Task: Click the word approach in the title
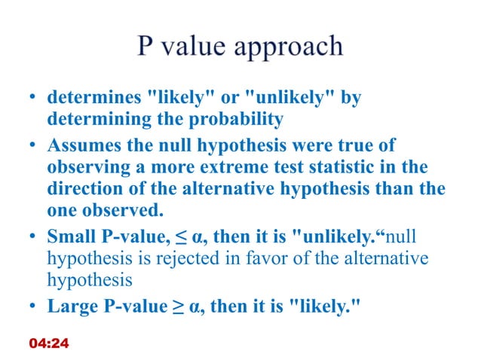290,48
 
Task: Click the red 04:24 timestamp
48,343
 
